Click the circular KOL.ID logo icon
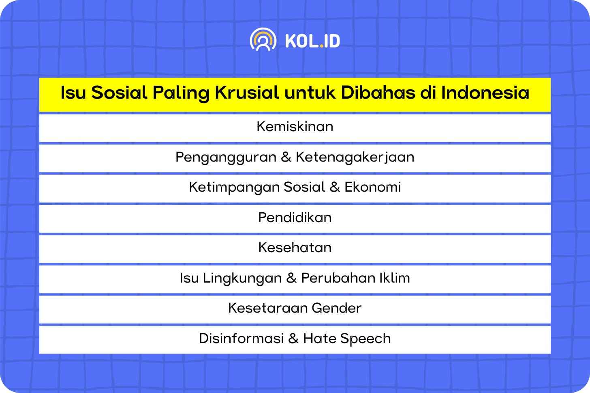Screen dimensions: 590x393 [263, 39]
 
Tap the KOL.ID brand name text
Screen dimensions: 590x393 [313, 41]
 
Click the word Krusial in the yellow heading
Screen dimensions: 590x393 [247, 93]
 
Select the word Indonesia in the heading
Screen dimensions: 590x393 [485, 93]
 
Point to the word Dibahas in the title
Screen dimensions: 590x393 [378, 93]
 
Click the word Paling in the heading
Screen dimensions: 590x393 [181, 93]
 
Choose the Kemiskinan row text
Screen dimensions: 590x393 [295, 126]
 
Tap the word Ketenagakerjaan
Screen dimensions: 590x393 [355, 158]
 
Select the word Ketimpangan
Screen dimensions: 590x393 [234, 188]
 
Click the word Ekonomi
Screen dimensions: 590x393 [373, 187]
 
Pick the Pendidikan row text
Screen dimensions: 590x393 [295, 218]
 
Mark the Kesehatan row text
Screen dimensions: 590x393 [295, 248]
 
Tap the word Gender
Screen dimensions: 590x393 [337, 308]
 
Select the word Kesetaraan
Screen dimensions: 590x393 [268, 308]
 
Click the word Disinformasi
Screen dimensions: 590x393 [241, 338]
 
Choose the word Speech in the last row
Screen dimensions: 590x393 [366, 339]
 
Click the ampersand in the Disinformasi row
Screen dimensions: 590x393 [293, 338]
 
